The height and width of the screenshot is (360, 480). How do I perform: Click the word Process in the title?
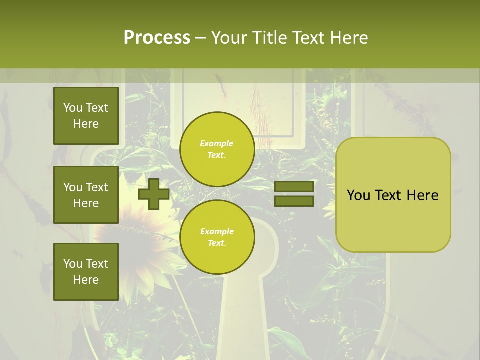157,38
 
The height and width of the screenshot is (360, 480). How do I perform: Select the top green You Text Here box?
86,116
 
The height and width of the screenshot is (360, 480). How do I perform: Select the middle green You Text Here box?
86,195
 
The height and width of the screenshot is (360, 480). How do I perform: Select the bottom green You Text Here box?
86,271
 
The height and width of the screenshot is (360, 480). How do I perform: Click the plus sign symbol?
154,194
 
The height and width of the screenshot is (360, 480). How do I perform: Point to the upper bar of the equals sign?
294,187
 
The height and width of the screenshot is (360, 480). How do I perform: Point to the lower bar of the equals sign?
294,201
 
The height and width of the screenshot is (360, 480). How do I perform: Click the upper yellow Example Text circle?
217,149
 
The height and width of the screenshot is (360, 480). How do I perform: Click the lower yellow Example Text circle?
217,237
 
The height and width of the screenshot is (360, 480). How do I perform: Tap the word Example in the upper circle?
217,143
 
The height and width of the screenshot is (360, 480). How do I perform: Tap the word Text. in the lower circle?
217,243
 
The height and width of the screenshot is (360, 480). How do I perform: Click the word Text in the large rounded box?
389,195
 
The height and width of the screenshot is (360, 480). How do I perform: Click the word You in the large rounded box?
358,195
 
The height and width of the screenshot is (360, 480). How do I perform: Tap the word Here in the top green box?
86,124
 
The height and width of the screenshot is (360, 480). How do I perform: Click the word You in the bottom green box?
73,263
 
